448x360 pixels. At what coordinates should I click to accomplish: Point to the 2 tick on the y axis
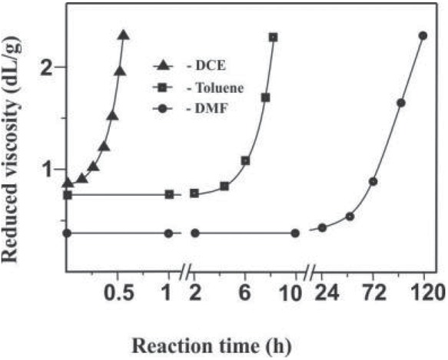[x=50, y=67]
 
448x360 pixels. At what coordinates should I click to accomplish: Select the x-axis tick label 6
[x=245, y=292]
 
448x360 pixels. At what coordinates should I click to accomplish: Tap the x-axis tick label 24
[x=324, y=292]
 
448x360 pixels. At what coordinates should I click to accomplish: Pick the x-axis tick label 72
[x=373, y=292]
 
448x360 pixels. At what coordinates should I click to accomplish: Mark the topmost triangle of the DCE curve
[x=124, y=35]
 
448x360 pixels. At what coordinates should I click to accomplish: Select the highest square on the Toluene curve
[x=274, y=37]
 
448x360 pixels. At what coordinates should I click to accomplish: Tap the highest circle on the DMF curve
[x=423, y=36]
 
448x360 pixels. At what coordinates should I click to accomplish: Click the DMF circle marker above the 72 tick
[x=373, y=182]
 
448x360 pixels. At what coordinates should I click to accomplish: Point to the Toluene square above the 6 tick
[x=245, y=160]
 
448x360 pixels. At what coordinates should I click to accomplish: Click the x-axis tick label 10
[x=295, y=292]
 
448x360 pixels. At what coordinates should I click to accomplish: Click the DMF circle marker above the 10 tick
[x=295, y=233]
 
